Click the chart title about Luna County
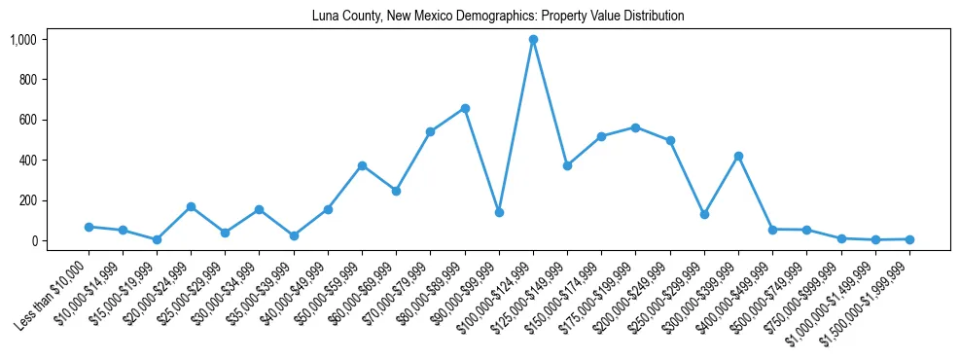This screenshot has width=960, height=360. coord(497,17)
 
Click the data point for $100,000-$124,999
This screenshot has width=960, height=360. coord(533,40)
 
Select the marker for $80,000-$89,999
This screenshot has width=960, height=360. coord(465,108)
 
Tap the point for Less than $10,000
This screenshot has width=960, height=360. coord(89,227)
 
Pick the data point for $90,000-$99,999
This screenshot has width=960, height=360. coord(499,212)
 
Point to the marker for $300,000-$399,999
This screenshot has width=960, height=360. coord(738,156)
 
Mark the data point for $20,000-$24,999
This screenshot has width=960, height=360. coord(191,206)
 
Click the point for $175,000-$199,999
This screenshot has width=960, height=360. coord(635,127)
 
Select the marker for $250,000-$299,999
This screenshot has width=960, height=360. coord(704,214)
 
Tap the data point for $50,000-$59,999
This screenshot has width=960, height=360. coord(362,165)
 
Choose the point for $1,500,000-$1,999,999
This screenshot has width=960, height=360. coord(909,239)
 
